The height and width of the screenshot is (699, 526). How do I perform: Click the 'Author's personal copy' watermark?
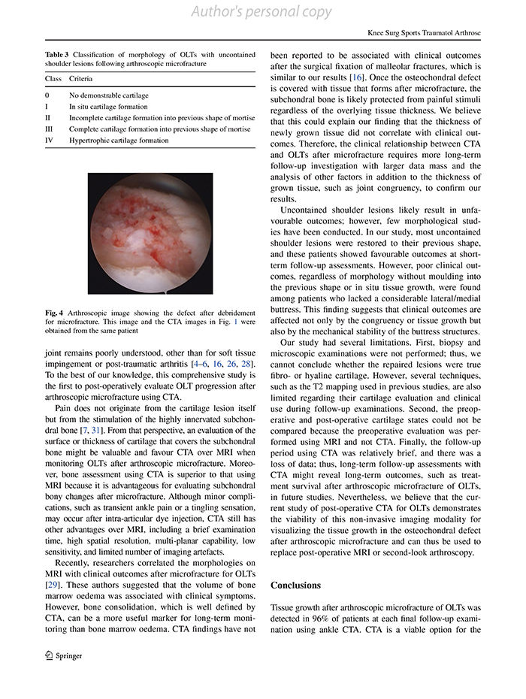[262, 12]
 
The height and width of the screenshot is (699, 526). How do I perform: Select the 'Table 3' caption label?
[59, 54]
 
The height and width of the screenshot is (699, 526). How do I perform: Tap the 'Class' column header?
[53, 78]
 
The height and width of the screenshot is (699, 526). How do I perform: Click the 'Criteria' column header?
[83, 78]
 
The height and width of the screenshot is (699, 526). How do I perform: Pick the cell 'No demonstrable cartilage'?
[109, 95]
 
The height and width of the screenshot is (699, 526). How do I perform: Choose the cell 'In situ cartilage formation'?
[108, 107]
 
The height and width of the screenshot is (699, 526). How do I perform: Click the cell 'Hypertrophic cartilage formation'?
[119, 140]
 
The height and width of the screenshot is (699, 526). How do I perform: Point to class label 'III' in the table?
[49, 129]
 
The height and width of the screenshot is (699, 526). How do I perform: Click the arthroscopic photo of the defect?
[150, 233]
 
